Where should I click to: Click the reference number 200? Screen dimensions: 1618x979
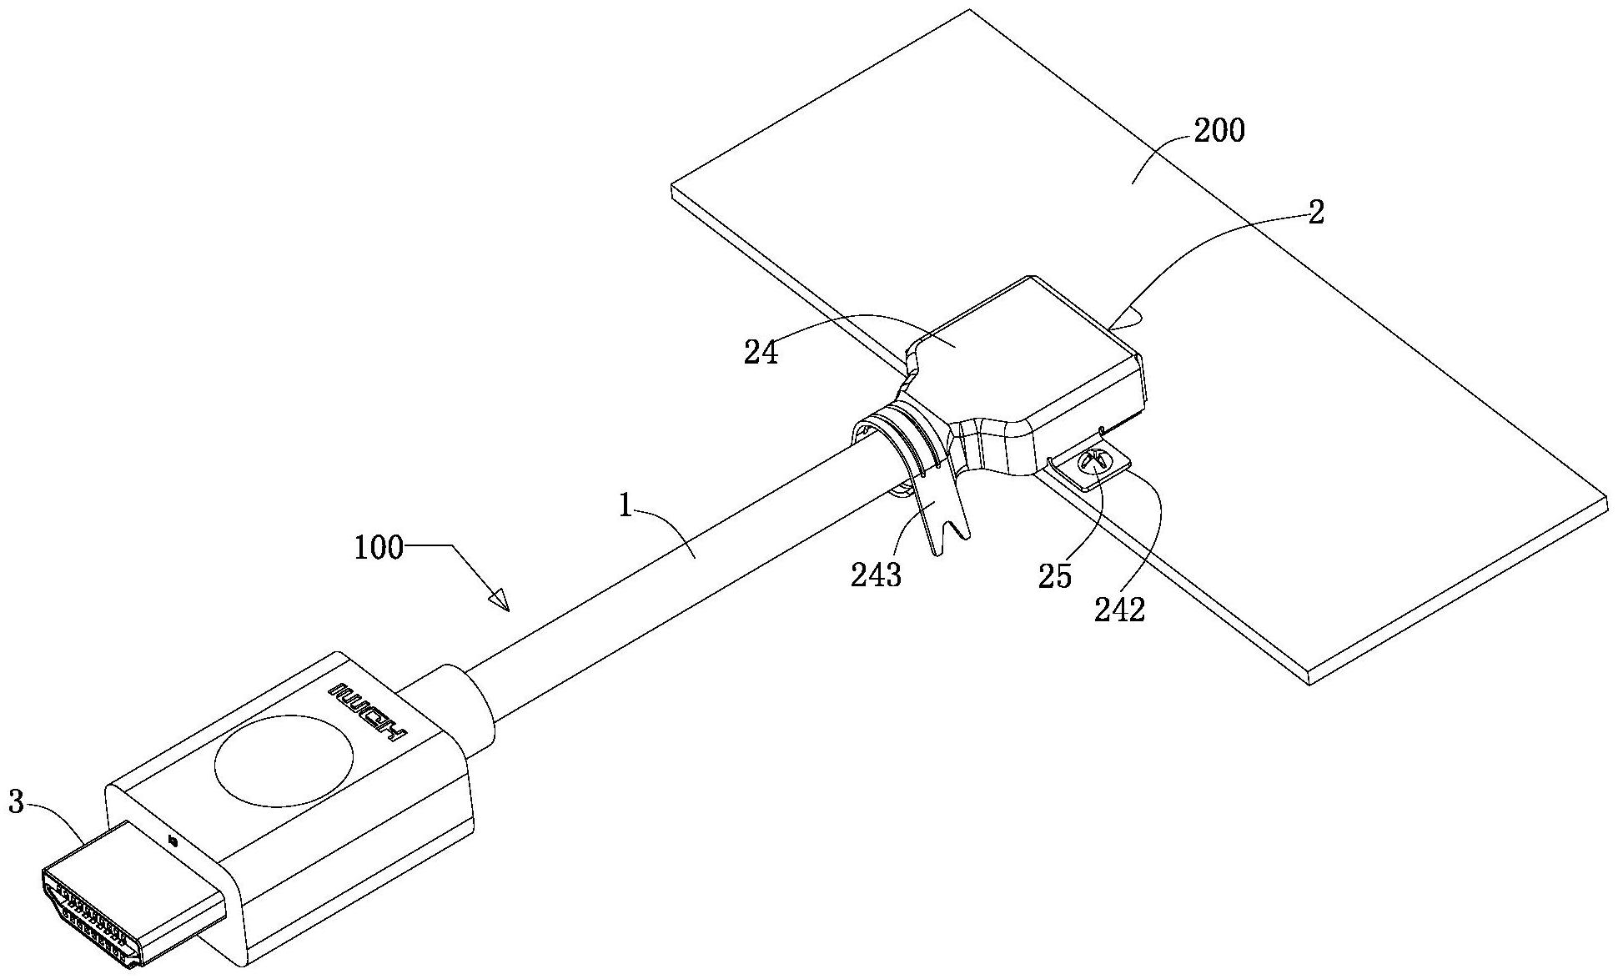1219,131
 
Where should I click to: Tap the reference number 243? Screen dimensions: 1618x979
876,575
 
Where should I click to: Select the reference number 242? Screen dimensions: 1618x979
1120,610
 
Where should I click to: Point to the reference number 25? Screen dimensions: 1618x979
1054,576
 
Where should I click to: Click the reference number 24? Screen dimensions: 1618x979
761,353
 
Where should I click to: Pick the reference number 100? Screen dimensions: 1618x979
379,548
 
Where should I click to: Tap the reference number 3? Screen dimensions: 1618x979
16,803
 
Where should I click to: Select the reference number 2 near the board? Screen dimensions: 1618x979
1316,213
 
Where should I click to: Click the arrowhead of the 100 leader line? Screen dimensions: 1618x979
500,601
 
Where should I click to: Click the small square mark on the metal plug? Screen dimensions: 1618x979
173,840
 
